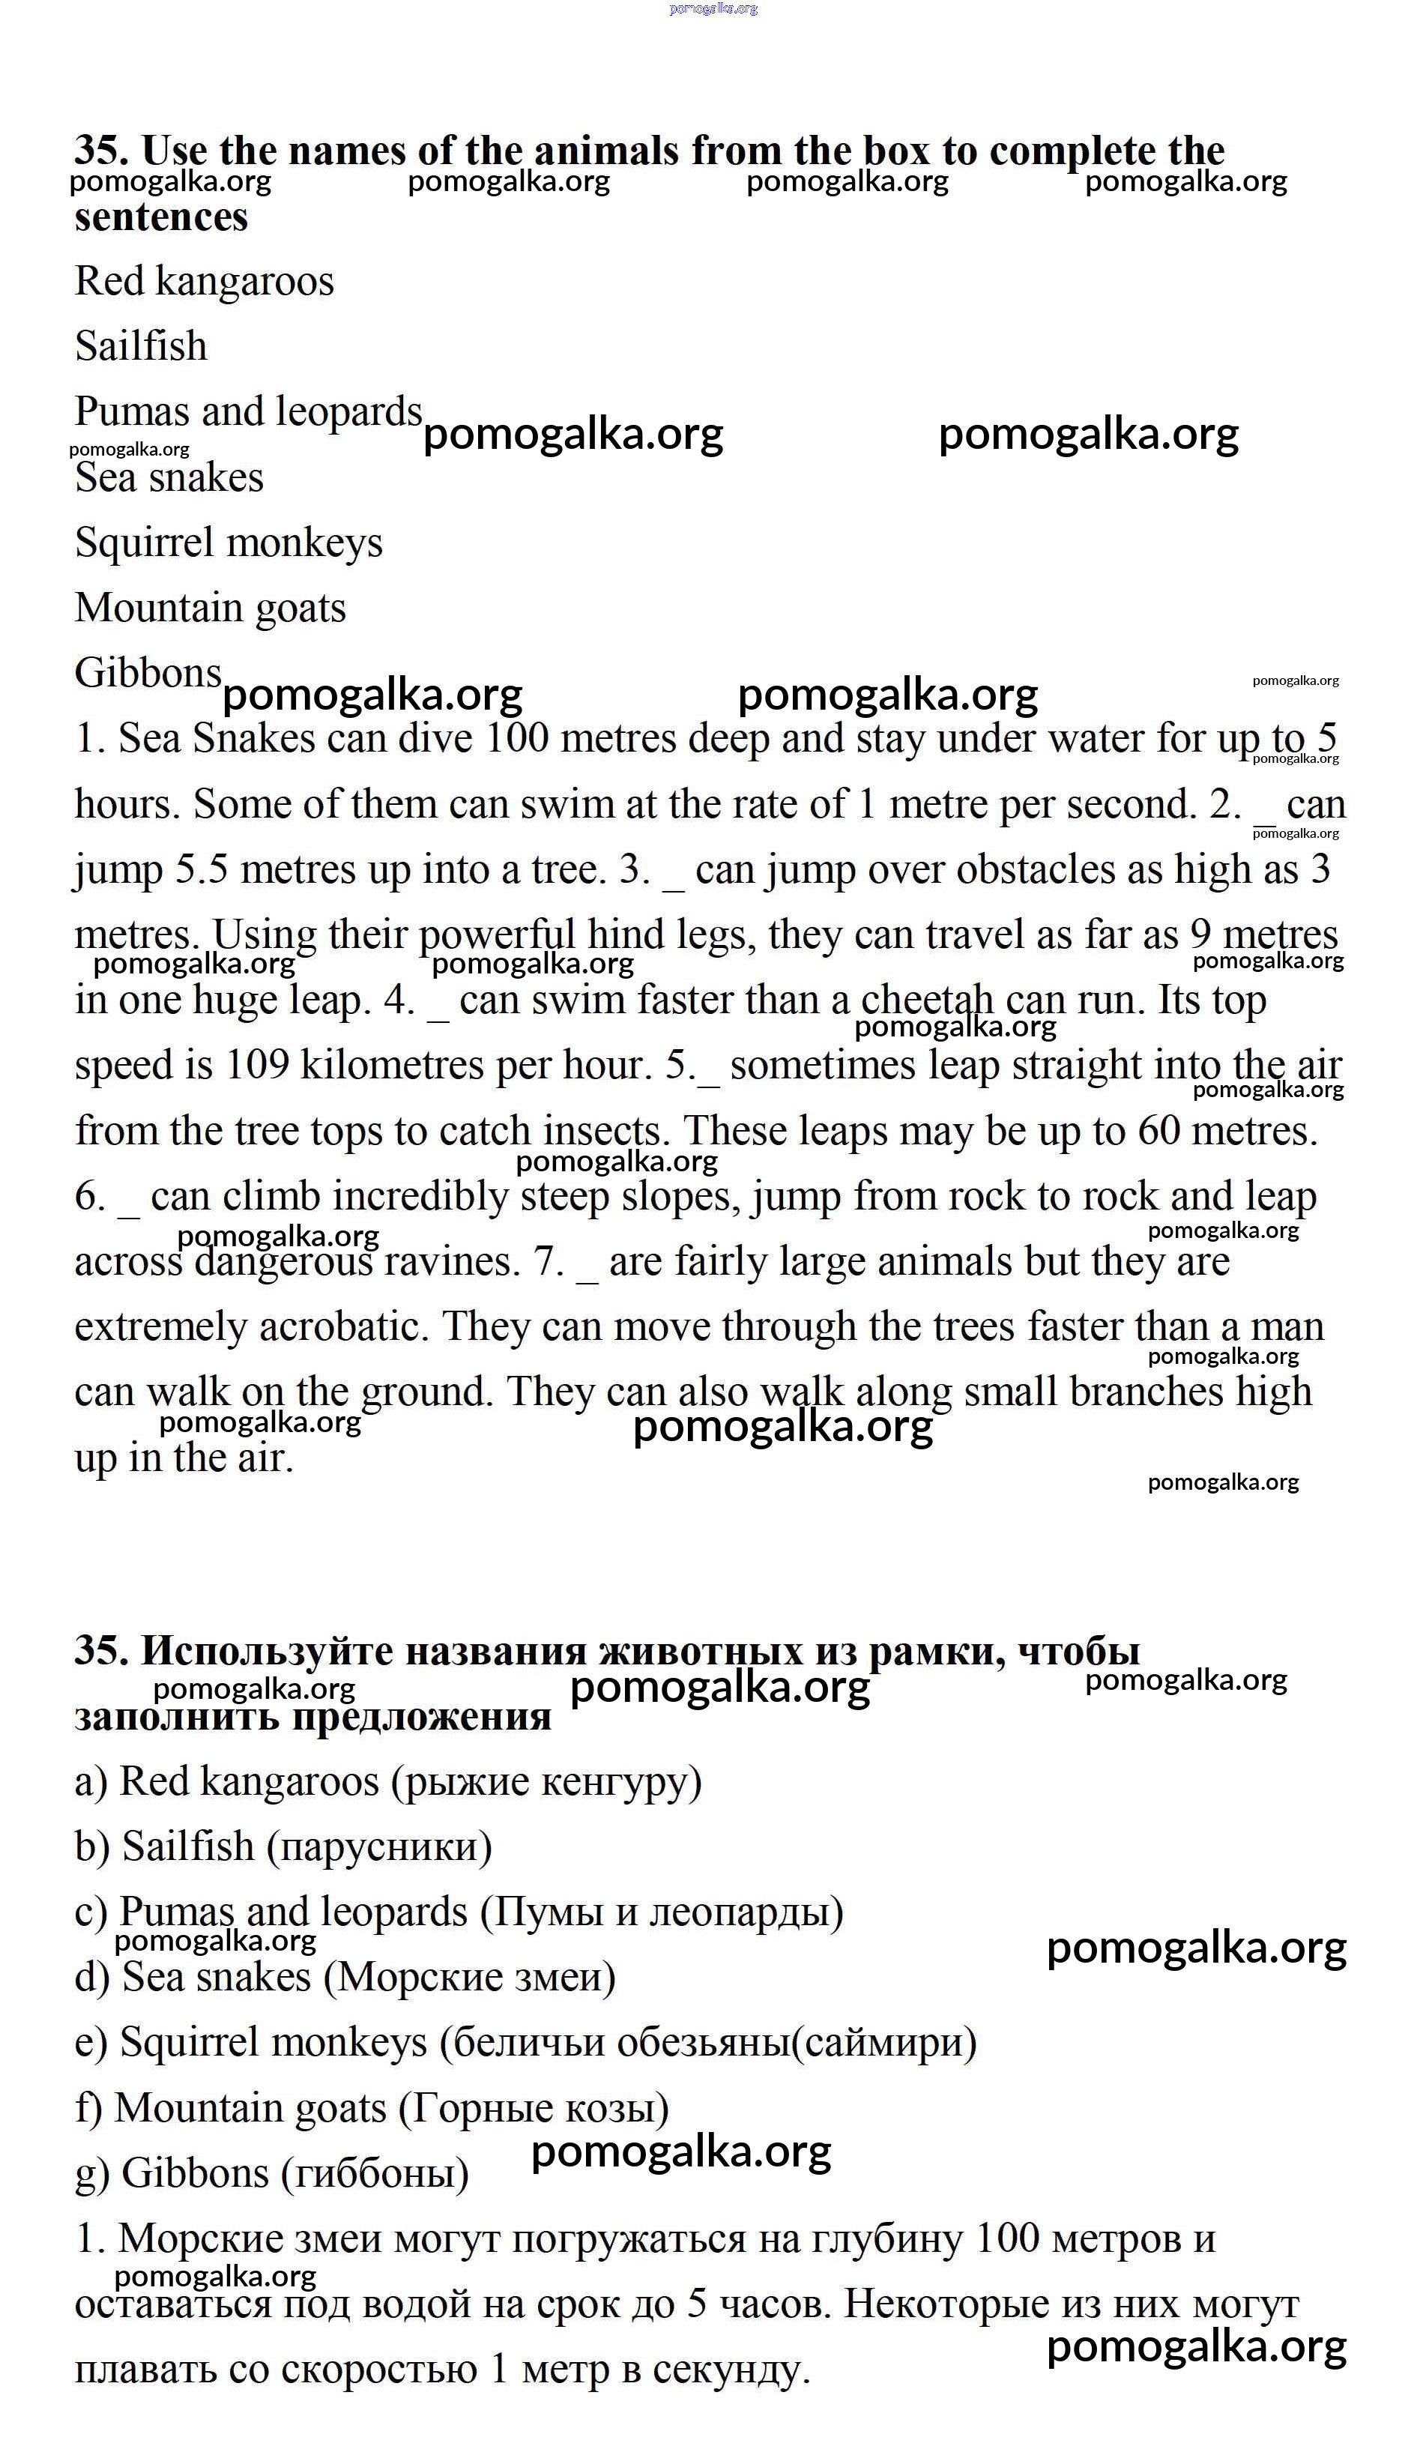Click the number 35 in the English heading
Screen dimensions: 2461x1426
click(100, 151)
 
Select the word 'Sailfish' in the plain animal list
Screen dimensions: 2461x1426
click(141, 347)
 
